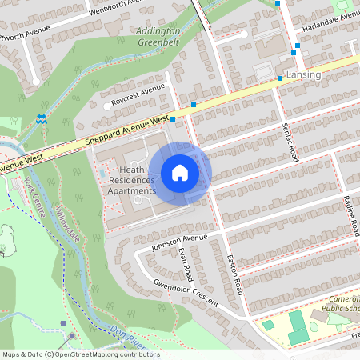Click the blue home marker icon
tap(180, 173)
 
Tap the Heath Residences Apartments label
tap(132, 181)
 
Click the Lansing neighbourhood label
tap(303, 74)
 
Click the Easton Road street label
tap(234, 273)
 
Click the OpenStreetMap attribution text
tap(80, 354)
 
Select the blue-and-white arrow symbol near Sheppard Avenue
tap(42, 120)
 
